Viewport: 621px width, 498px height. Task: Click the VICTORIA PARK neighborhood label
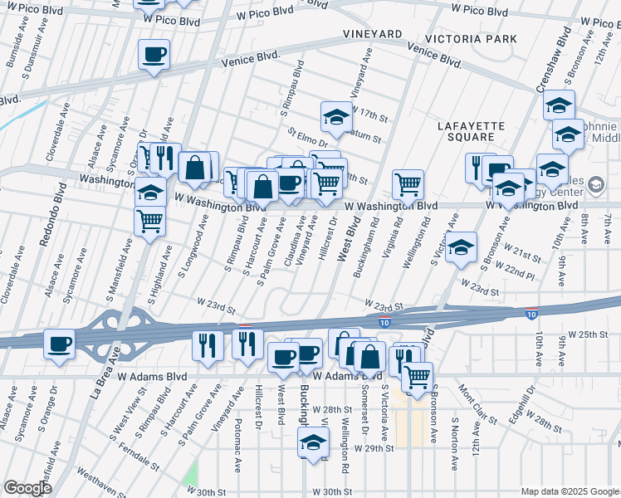[470, 39]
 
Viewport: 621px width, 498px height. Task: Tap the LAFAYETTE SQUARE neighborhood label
[472, 131]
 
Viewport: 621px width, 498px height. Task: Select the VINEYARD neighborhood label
[374, 34]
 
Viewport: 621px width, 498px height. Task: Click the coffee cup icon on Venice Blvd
[154, 56]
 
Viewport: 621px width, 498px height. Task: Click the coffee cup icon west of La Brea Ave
[59, 344]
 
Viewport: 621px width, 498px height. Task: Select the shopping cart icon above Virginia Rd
[408, 183]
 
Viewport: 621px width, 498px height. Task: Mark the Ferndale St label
[161, 461]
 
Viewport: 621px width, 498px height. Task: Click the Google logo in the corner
[27, 488]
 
